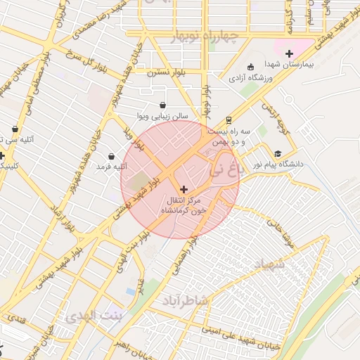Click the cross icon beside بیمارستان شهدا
pyautogui.click(x=288, y=53)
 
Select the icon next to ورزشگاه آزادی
pyautogui.click(x=252, y=67)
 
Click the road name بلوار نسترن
pyautogui.click(x=167, y=71)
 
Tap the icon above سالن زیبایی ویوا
pyautogui.click(x=163, y=105)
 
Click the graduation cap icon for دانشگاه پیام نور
pyautogui.click(x=278, y=153)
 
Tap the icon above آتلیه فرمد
pyautogui.click(x=111, y=156)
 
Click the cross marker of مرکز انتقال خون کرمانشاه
pyautogui.click(x=184, y=188)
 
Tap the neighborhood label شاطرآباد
pyautogui.click(x=186, y=301)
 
